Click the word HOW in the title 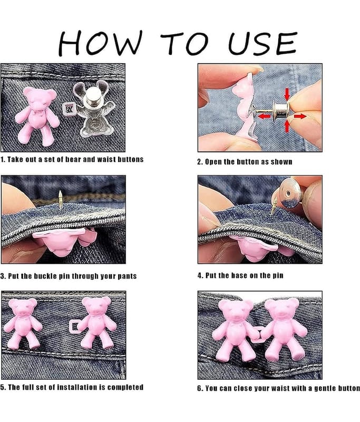tap(100, 43)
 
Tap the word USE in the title tap(262, 43)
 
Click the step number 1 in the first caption tap(2, 159)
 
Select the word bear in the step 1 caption tap(73, 159)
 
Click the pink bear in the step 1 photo tap(37, 115)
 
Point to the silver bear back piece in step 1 tap(93, 108)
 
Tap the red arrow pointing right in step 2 tap(300, 116)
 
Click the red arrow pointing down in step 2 tap(287, 94)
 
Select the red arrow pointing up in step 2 tap(287, 126)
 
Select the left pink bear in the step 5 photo tap(23, 323)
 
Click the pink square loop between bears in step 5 tap(74, 327)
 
